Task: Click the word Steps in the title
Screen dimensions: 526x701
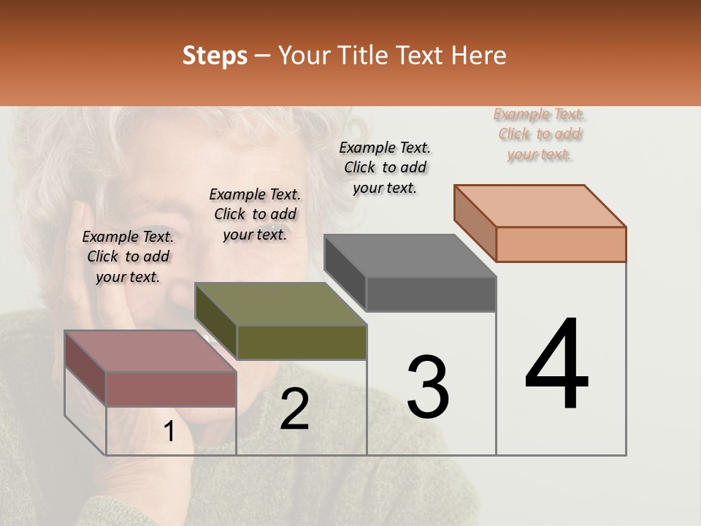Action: click(x=215, y=56)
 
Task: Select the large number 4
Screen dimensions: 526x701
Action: click(x=556, y=365)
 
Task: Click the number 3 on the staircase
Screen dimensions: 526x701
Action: click(x=428, y=387)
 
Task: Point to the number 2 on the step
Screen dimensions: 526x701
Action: click(x=294, y=409)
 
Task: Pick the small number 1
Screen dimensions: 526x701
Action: click(x=169, y=432)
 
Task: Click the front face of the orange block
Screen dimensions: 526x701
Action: click(x=561, y=244)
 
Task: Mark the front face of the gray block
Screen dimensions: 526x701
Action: click(x=431, y=294)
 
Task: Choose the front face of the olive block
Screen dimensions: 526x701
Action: click(x=302, y=343)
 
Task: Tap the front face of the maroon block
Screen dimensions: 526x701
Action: click(x=172, y=389)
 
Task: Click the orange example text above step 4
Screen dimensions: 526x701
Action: click(x=540, y=134)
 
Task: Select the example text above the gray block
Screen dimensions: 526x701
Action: click(x=385, y=167)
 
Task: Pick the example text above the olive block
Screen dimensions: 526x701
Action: click(x=255, y=214)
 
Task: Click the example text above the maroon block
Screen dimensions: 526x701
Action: click(x=128, y=256)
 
